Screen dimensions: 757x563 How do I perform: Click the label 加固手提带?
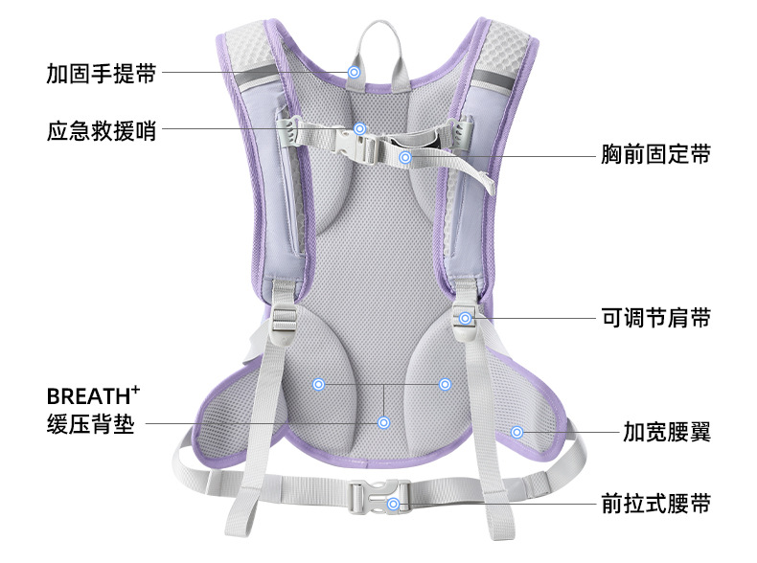100,74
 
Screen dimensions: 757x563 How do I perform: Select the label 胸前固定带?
655,154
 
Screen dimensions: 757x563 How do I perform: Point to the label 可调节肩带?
655,318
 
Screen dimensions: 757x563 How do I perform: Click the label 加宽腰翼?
667,432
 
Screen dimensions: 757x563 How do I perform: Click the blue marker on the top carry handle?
354,72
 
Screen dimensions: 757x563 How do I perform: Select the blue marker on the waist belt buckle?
393,504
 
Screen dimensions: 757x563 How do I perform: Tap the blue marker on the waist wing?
517,432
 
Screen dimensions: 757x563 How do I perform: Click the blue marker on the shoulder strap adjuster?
466,318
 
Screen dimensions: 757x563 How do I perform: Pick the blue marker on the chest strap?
405,156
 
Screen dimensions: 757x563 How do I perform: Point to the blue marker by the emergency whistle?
360,128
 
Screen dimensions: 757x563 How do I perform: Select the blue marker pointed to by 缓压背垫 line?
383,421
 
